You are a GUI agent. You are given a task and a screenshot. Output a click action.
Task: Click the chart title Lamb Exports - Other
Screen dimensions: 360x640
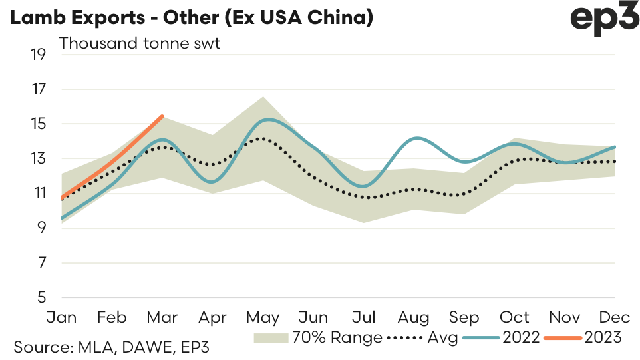[x=190, y=18]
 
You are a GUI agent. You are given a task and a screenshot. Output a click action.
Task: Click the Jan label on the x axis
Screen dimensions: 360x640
[x=62, y=317]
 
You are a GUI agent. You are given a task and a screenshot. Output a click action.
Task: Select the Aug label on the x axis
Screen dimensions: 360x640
[x=414, y=317]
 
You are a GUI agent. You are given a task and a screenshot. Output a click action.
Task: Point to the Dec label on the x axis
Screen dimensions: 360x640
[x=615, y=317]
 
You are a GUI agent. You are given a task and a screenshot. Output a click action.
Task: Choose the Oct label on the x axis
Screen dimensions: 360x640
[x=514, y=317]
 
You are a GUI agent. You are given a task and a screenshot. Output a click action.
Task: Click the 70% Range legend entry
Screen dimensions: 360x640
[x=318, y=338]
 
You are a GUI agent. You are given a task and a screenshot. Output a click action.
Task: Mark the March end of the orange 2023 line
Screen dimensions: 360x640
[x=162, y=116]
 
